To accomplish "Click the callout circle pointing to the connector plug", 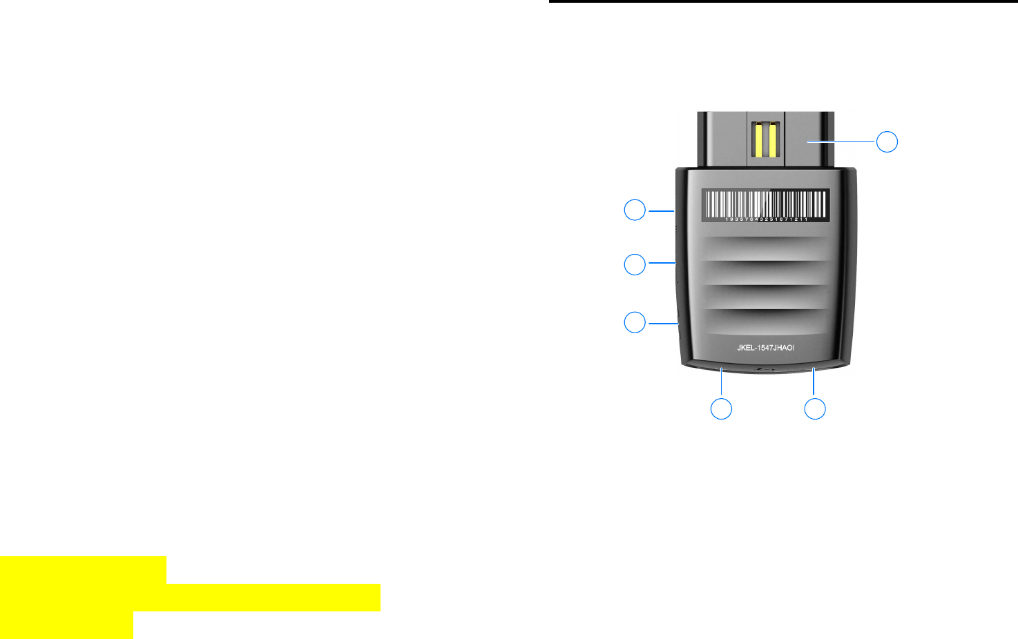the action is (887, 141).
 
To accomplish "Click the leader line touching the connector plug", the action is (842, 141).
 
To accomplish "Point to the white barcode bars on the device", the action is (765, 203).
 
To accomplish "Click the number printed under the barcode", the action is (766, 219).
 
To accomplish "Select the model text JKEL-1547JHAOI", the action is (765, 348).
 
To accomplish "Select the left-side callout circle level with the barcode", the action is (635, 210).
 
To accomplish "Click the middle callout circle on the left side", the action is (635, 264).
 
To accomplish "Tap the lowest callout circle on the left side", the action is (635, 322).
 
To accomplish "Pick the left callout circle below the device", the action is (721, 409).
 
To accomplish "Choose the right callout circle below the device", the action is (815, 409).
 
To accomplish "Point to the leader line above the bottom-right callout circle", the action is (814, 382).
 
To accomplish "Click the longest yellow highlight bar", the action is (190, 597).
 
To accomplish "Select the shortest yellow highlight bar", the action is (66, 625).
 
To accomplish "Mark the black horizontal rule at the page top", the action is (783, 1).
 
